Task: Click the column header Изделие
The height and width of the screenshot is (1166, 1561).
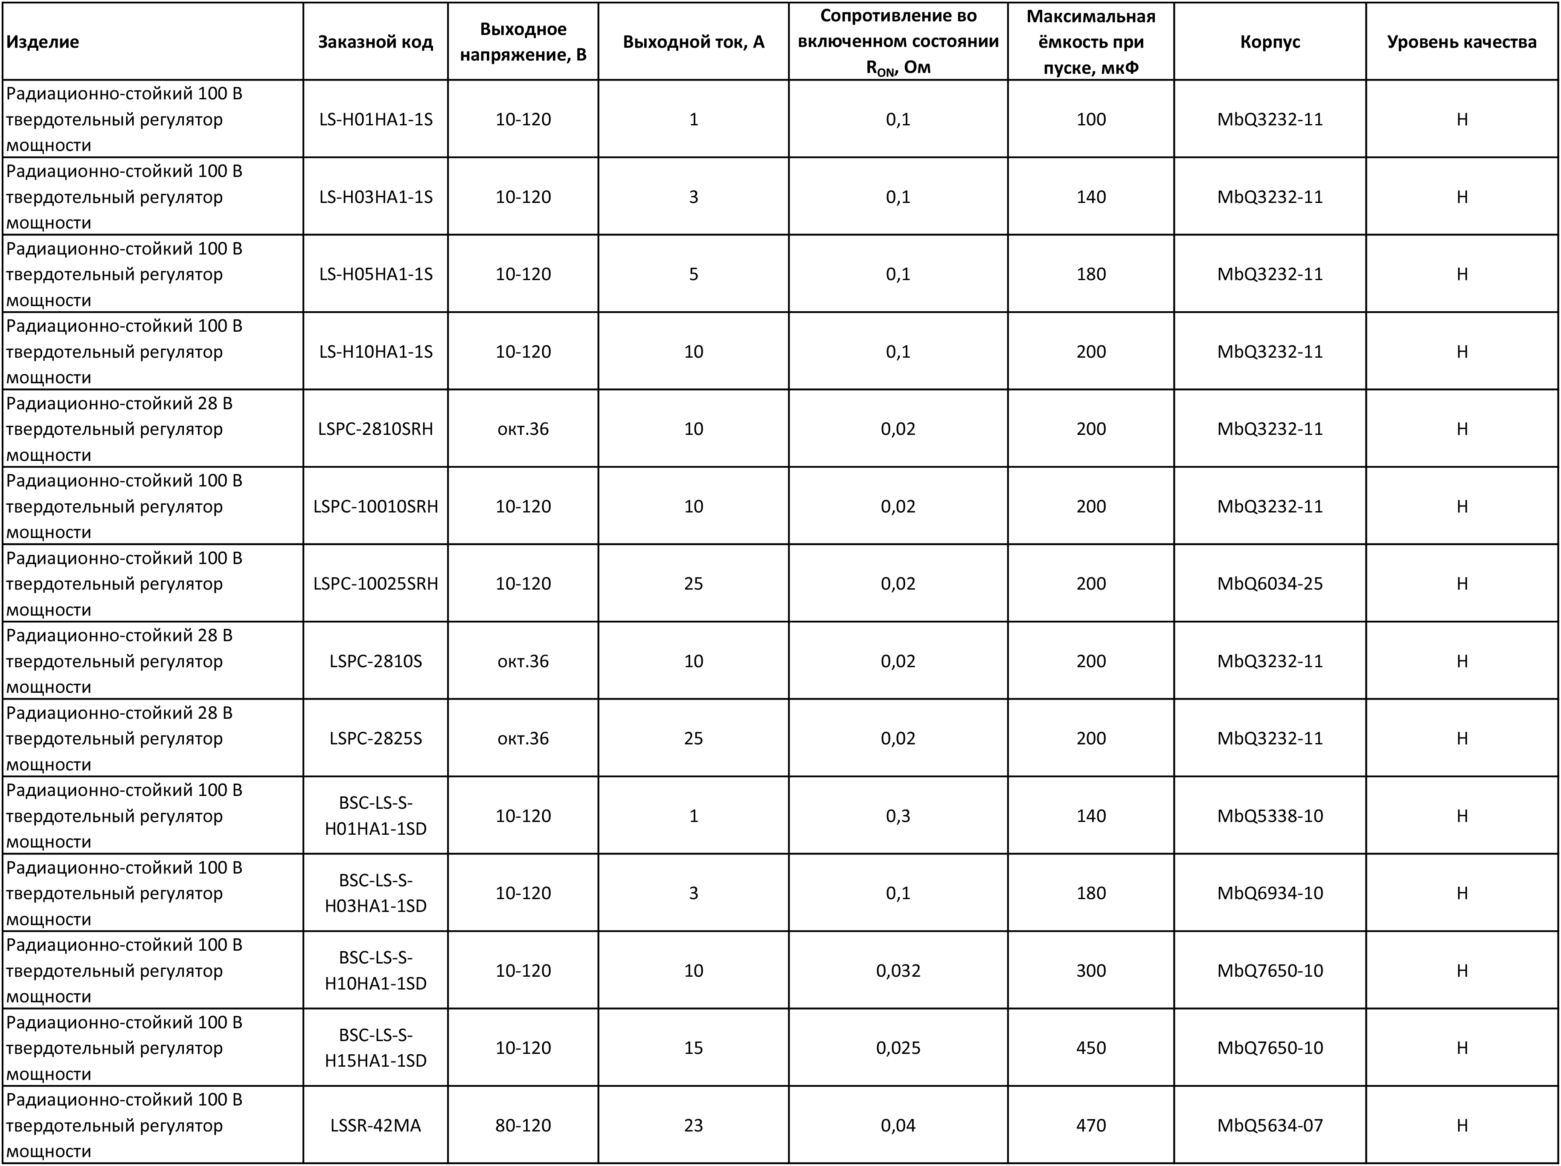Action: tap(42, 42)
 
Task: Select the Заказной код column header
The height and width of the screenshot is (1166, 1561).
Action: tap(375, 42)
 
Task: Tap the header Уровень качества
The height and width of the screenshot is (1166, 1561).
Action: tap(1462, 42)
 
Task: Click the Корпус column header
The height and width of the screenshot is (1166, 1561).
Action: tap(1270, 42)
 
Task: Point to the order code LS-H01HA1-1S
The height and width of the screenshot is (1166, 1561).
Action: tap(375, 119)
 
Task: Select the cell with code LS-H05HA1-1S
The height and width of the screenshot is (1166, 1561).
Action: tap(375, 274)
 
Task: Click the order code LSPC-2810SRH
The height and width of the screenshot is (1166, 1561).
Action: tap(375, 429)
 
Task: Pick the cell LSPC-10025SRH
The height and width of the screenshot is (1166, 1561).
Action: tap(375, 583)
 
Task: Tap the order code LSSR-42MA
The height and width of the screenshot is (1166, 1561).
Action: tap(375, 1125)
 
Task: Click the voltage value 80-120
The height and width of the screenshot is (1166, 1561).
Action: tap(523, 1125)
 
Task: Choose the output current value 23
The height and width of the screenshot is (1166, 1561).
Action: tap(693, 1125)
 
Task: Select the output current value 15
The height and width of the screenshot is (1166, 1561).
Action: tap(693, 1047)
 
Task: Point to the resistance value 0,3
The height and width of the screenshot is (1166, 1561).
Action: tap(898, 816)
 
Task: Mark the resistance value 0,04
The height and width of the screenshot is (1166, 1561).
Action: tap(898, 1125)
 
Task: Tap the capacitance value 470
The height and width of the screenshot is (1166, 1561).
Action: tap(1090, 1125)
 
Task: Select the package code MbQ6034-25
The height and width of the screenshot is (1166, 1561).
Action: tap(1270, 583)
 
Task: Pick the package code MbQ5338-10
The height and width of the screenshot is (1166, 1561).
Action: tap(1270, 816)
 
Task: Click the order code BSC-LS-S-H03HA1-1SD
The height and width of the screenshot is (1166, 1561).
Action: tap(375, 893)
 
